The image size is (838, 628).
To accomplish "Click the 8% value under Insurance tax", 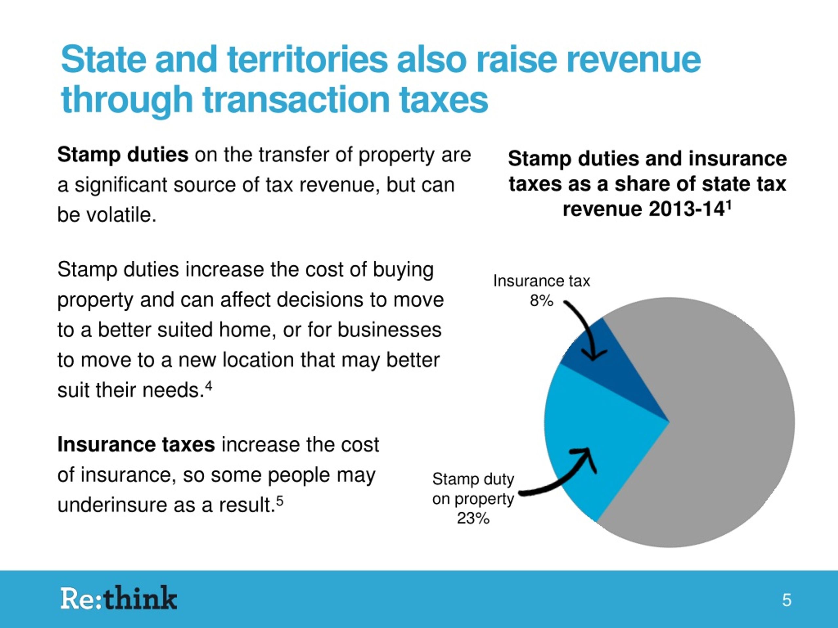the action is coord(541,301).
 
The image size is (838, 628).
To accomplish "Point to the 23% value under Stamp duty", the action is coord(473,518).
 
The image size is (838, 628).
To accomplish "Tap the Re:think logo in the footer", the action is coord(118,599).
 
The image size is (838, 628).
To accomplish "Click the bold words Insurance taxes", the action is coord(136,445).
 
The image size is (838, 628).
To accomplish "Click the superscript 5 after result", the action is coord(280,501).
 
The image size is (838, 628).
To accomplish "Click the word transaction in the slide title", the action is coord(296,99).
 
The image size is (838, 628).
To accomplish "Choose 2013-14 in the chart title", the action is coord(687,209).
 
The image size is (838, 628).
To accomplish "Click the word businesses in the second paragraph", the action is coord(390,330).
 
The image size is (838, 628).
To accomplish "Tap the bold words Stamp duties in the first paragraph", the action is coord(123,155).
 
